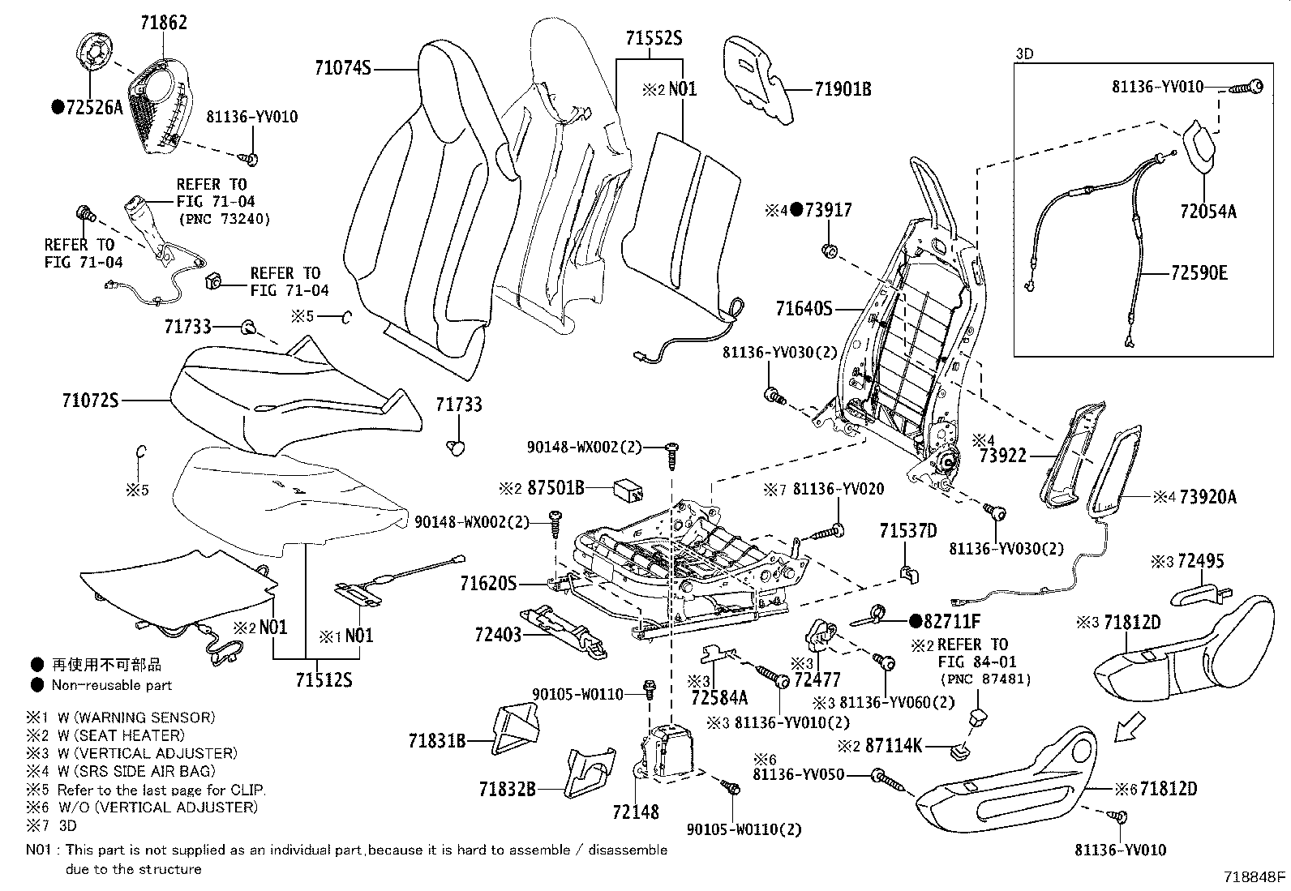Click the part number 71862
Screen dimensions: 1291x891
(x=164, y=23)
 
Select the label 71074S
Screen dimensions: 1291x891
(x=343, y=68)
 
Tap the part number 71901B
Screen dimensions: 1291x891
(x=843, y=89)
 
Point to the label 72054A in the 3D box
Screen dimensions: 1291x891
(x=1208, y=212)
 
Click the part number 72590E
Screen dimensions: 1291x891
(x=1199, y=272)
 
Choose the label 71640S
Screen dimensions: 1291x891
(x=804, y=309)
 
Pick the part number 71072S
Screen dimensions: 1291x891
(x=91, y=400)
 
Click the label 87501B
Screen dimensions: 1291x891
(x=555, y=488)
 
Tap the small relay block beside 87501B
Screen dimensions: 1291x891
(x=628, y=490)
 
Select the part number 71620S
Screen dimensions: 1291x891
(x=488, y=584)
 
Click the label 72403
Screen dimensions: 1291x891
(x=498, y=635)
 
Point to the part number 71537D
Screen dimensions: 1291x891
(x=908, y=531)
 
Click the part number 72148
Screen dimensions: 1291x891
(x=636, y=812)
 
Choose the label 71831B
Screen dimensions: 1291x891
(x=437, y=740)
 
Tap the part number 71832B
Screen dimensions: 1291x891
(x=507, y=788)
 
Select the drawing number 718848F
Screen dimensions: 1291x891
(x=1255, y=876)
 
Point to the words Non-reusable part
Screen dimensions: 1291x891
(x=112, y=685)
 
